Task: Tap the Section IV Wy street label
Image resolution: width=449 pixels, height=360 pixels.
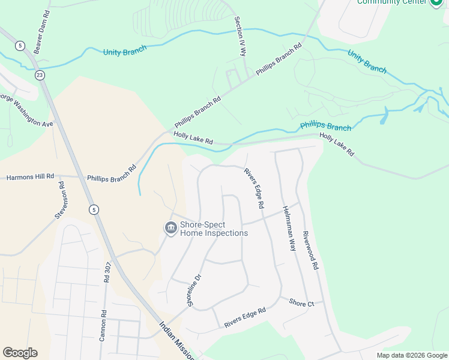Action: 240,35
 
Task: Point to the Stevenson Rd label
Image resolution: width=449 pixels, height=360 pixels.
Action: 60,200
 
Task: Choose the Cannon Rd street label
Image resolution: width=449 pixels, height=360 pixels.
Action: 103,325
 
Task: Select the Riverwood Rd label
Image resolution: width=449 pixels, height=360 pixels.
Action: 310,250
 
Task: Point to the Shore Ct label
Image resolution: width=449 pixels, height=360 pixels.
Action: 301,303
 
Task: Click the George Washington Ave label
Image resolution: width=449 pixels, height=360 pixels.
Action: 26,109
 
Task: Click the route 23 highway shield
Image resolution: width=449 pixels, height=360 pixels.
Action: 40,75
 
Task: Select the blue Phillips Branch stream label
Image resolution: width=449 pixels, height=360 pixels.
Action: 325,126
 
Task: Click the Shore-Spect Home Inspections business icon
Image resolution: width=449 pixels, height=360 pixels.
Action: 170,229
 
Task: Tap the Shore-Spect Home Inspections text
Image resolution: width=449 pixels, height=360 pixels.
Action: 214,229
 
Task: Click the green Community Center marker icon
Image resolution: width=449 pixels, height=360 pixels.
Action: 436,2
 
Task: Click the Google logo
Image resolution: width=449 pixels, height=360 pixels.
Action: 20,353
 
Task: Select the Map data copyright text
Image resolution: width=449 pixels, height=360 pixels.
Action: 411,355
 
